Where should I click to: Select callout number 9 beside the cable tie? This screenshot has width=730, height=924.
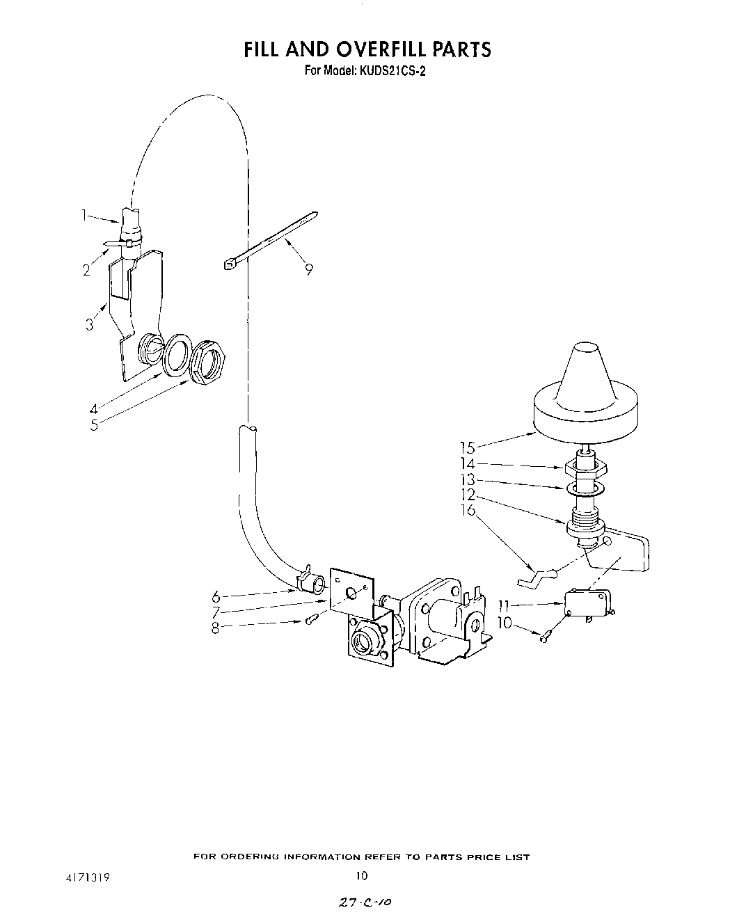coord(308,269)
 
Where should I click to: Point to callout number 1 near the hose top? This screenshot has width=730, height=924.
coord(85,216)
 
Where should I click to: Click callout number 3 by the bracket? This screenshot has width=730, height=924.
coord(90,324)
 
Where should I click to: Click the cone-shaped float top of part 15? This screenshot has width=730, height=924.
coord(586,376)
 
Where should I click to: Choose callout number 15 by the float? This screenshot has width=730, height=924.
coord(467,448)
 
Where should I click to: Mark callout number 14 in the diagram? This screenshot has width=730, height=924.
coord(467,464)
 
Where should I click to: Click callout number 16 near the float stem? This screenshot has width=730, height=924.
coord(468,510)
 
